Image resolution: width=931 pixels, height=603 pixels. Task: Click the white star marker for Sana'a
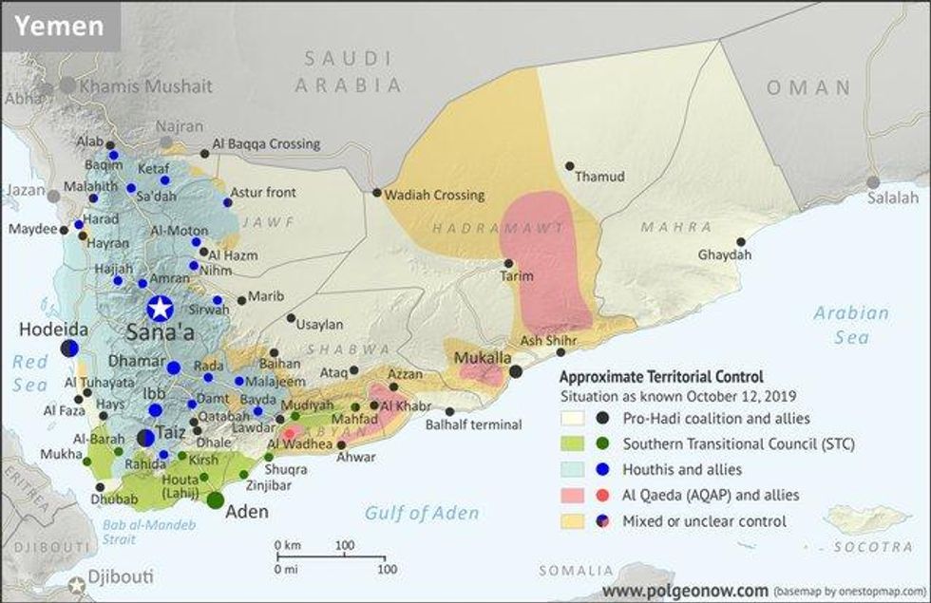[160, 308]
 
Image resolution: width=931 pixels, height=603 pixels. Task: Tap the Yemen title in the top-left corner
[59, 26]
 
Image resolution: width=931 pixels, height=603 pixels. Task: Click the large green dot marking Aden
[216, 499]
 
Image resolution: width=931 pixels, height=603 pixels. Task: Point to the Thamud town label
[600, 177]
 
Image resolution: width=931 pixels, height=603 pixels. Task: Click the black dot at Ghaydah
[741, 241]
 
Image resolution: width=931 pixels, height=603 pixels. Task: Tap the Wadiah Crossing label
[434, 195]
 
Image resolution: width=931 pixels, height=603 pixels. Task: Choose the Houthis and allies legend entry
[682, 469]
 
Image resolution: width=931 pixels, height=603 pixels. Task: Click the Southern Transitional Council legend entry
[738, 443]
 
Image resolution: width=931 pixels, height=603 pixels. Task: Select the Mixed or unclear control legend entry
[705, 520]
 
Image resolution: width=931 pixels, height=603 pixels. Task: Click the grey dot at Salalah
[873, 182]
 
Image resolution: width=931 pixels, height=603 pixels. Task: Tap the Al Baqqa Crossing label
[265, 144]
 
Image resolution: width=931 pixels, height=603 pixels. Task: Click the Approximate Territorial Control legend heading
[661, 376]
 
